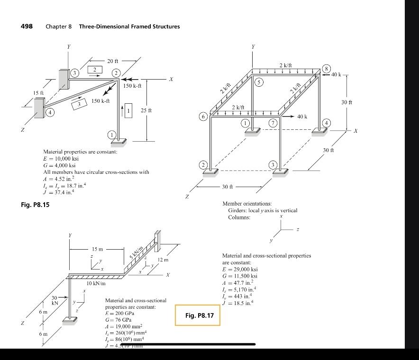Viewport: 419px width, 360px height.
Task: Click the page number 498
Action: (x=27, y=26)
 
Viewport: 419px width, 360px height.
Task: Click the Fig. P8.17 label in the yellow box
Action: (x=198, y=315)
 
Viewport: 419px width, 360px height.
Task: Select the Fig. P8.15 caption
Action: (x=35, y=205)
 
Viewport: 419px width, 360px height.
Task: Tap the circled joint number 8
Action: (x=326, y=68)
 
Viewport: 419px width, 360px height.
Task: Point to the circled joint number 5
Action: (x=258, y=82)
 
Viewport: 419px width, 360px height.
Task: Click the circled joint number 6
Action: (x=203, y=117)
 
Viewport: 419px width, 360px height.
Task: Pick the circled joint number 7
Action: (x=273, y=123)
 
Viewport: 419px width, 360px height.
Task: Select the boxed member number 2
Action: (x=95, y=70)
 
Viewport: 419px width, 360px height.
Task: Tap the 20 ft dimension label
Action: (x=113, y=61)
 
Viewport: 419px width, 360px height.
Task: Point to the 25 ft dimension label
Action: (x=146, y=110)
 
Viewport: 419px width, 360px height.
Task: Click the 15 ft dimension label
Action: (x=38, y=92)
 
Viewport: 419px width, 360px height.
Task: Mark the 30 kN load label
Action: (x=55, y=300)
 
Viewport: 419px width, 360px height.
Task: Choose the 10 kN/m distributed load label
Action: (x=96, y=283)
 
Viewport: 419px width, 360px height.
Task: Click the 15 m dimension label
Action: (x=98, y=249)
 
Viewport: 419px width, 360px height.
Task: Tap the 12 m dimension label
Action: (x=163, y=260)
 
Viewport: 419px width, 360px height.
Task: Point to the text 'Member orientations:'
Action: (x=247, y=204)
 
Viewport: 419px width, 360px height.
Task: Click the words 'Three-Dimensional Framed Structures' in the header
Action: (x=129, y=27)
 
